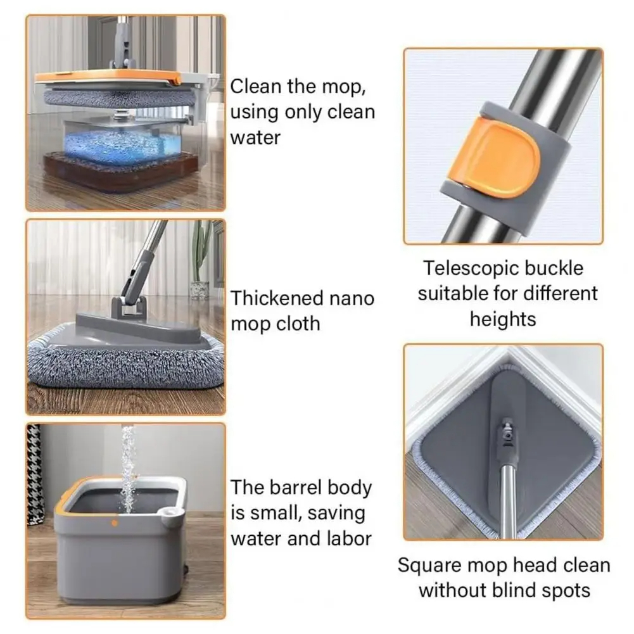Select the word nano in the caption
[352, 298]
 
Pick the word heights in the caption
[503, 319]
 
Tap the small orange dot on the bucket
[115, 523]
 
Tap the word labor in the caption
[350, 538]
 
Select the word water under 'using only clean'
[255, 138]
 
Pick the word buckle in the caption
[561, 269]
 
